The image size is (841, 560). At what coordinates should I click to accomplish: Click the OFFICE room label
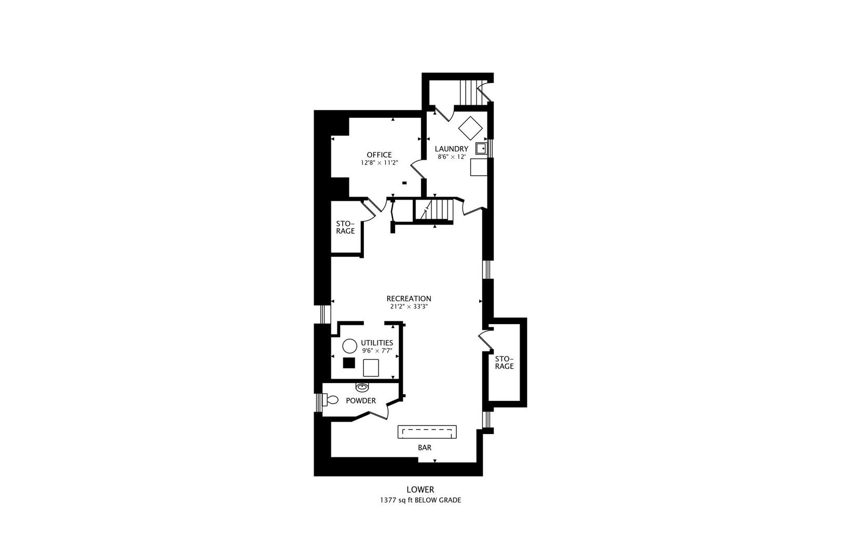point(379,155)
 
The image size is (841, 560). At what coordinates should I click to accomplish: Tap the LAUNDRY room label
point(452,149)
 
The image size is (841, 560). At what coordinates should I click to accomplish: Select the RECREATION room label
point(409,299)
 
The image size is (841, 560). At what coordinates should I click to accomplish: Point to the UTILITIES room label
point(377,343)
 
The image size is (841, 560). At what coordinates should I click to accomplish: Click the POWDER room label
point(361,401)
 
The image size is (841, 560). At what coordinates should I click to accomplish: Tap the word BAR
point(425,448)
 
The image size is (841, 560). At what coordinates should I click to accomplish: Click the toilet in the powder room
point(330,400)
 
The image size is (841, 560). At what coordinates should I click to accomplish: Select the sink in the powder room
point(361,387)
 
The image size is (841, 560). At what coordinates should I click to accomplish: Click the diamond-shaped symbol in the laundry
point(470,128)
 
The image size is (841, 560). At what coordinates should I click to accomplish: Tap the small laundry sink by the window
point(481,148)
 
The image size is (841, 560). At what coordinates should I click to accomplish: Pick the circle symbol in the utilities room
point(350,346)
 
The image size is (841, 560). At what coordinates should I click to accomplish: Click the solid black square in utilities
point(349,363)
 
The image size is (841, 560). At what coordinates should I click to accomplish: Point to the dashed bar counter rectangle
point(427,432)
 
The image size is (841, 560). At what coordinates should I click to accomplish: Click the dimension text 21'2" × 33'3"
point(409,306)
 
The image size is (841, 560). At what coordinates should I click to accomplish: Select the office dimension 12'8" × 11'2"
point(379,163)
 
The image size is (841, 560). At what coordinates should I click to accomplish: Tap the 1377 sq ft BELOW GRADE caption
point(420,500)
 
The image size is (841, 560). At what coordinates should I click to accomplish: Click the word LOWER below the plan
point(420,489)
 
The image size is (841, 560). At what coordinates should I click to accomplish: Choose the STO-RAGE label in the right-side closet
point(504,363)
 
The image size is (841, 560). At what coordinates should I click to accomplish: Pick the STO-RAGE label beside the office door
point(345,228)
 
